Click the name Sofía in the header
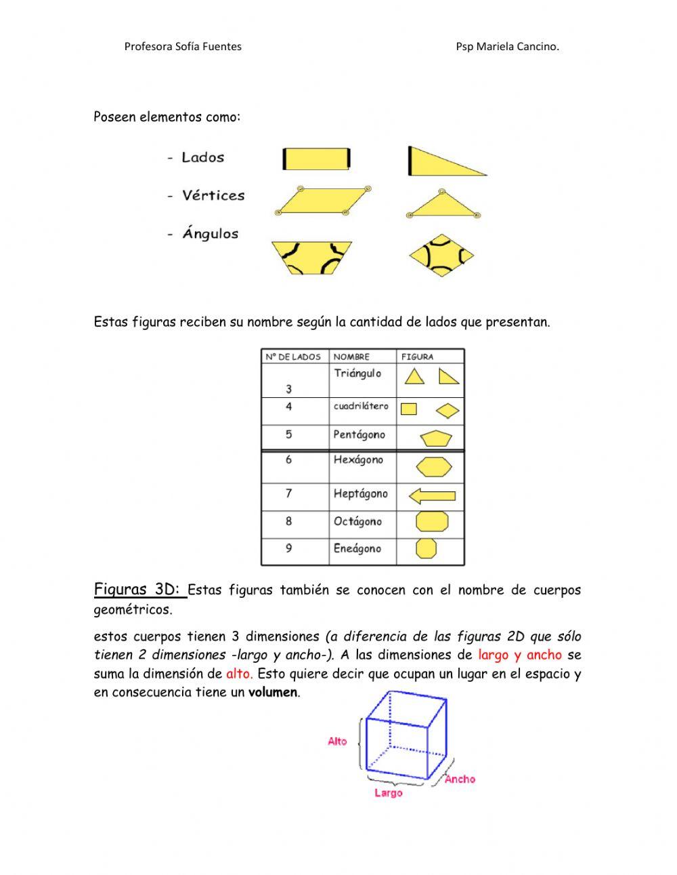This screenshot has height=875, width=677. point(188,47)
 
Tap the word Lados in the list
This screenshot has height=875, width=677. point(202,157)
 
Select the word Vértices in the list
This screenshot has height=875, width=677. point(213,195)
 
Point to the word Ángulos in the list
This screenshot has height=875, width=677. point(210,234)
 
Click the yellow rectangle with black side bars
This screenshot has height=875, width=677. point(316,159)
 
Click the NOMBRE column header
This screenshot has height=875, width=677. point(351,357)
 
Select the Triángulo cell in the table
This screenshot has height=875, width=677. point(357,373)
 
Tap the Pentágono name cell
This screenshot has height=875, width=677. point(359,434)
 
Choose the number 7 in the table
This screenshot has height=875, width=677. point(289,493)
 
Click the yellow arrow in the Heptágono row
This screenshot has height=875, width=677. point(432,496)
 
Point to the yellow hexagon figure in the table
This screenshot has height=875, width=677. point(433,466)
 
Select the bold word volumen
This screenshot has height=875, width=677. point(273,692)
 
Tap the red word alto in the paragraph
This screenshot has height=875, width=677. point(238,674)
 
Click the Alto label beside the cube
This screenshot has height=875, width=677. point(337,741)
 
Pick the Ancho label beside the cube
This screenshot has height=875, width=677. point(460,779)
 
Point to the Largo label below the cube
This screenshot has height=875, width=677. point(388,792)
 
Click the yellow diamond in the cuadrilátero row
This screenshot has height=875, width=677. point(447,411)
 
